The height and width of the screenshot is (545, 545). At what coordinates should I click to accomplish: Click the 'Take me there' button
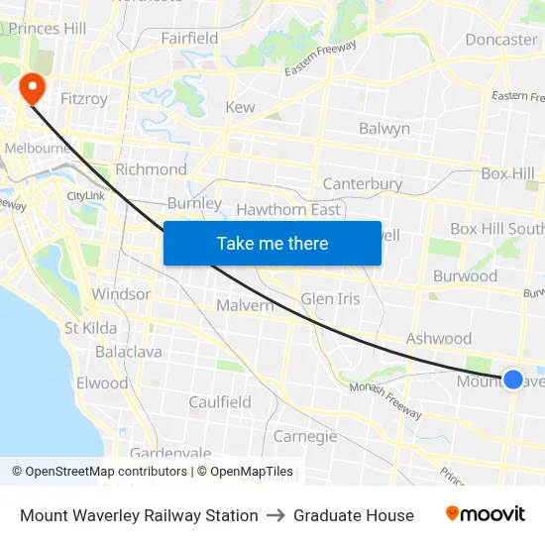(x=272, y=243)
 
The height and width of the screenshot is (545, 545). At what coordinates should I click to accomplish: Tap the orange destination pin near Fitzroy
(x=33, y=88)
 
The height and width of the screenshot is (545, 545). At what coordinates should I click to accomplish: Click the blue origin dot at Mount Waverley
(x=513, y=379)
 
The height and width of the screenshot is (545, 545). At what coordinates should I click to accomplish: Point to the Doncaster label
(x=500, y=40)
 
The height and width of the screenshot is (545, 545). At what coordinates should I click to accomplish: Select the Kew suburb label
(x=240, y=107)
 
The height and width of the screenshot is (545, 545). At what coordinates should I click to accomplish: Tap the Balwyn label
(x=383, y=129)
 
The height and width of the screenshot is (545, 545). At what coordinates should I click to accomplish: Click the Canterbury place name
(x=363, y=183)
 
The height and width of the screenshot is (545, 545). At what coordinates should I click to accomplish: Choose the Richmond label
(x=151, y=169)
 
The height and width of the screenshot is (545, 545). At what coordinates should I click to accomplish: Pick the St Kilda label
(x=90, y=328)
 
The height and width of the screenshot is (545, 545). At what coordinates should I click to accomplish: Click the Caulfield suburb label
(x=220, y=402)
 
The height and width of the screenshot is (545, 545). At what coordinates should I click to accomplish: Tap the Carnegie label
(x=305, y=436)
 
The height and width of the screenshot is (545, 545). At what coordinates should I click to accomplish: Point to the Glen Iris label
(x=330, y=298)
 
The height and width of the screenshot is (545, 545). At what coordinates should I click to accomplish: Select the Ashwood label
(x=438, y=339)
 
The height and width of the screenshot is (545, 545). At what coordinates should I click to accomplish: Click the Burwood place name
(x=465, y=276)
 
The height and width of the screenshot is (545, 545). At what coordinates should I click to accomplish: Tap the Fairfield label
(x=189, y=39)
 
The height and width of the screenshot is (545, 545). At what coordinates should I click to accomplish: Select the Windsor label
(x=121, y=294)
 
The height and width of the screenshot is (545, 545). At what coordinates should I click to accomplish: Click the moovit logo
(x=485, y=514)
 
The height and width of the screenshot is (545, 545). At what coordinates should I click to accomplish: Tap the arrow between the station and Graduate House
(x=275, y=515)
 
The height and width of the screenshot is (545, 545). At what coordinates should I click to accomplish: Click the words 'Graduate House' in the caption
(x=354, y=515)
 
